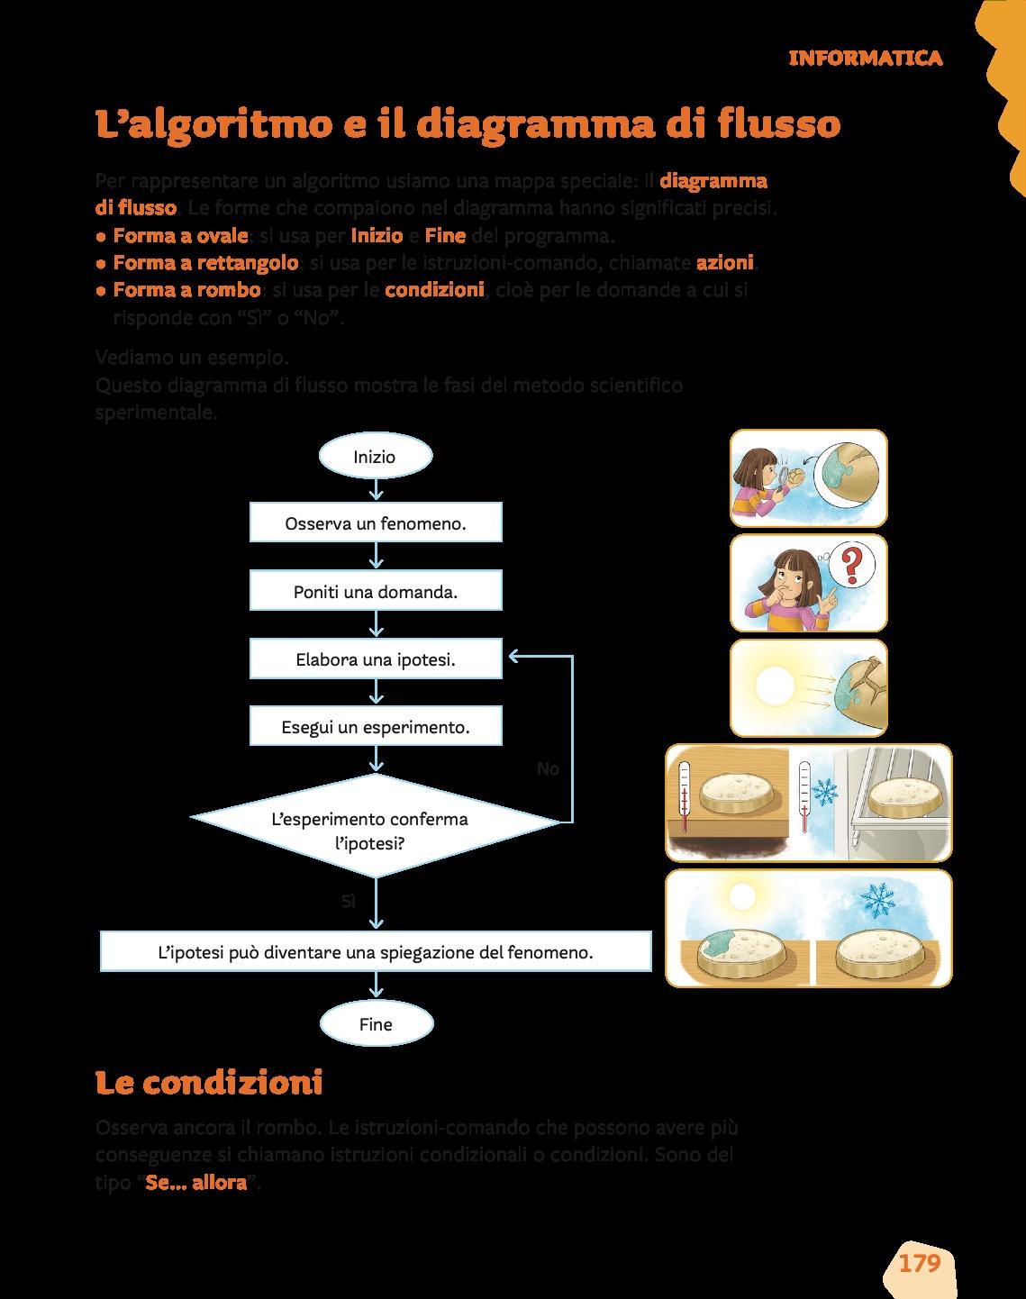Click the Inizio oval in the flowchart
click(376, 457)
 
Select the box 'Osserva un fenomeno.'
click(376, 523)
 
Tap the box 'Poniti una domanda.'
click(376, 592)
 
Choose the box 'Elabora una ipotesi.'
click(376, 659)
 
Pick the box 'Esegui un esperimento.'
click(376, 726)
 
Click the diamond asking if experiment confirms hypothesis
click(376, 827)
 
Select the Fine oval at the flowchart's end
click(376, 1024)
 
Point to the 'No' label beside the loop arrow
click(548, 768)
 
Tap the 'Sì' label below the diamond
click(349, 901)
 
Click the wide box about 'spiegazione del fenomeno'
click(376, 951)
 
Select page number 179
click(920, 1263)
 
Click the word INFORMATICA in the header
click(865, 59)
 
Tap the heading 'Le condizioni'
click(209, 1082)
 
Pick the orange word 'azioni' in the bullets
click(725, 263)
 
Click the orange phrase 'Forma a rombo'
click(187, 290)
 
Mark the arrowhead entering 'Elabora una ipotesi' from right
click(513, 656)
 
